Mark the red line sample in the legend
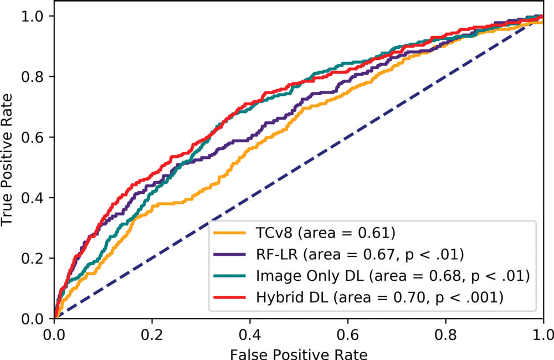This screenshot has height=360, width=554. [232, 297]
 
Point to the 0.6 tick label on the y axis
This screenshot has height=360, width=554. [32, 137]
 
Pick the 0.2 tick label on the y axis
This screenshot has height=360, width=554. [32, 258]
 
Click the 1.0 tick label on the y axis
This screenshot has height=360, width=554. [32, 16]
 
